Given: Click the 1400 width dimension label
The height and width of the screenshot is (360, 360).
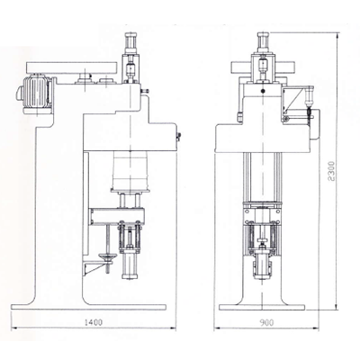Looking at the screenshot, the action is point(94,322).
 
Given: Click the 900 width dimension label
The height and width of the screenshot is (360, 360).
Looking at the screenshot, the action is point(266,322).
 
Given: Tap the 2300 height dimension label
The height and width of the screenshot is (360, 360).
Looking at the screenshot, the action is point(331,171).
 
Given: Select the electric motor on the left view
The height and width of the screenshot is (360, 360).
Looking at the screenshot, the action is point(34,94).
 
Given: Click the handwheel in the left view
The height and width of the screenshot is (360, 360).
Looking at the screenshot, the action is point(107,256).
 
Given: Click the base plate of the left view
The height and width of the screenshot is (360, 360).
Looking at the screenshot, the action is point(88,307).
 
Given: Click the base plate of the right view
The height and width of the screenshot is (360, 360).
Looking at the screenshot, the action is point(262,308).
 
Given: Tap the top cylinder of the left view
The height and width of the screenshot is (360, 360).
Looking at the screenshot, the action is point(131,43).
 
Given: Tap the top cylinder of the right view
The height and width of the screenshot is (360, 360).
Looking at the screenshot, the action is point(263,43).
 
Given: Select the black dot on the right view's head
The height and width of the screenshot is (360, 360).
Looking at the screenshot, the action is point(263,91).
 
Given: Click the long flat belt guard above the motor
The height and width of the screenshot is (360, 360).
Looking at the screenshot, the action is point(71,67).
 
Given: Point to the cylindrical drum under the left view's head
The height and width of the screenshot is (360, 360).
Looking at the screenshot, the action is point(130,169).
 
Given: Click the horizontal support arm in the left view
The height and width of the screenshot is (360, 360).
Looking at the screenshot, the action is point(117,215).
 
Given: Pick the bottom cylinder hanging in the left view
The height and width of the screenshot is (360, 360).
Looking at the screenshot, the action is point(130,266).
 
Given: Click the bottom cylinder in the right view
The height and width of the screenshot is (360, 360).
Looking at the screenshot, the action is point(263,266).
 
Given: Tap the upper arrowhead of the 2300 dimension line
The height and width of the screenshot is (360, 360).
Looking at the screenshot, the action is point(337,36).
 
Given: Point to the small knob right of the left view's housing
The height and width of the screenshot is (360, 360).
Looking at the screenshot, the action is point(178,137).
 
